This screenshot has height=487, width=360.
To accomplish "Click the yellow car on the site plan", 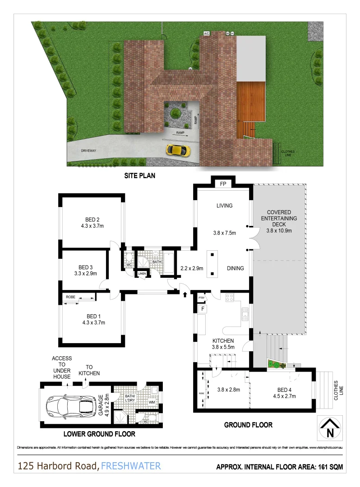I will (178, 149).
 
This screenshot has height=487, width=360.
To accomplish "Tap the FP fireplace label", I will (223, 184).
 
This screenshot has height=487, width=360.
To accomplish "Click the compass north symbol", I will (330, 428).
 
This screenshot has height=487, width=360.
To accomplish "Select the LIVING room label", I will (224, 206).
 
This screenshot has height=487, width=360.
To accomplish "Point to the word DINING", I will (235, 268).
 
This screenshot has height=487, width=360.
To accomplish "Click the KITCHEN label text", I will (223, 341).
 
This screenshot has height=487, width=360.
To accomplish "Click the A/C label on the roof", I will (207, 33).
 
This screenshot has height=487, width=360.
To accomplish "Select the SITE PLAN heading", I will (139, 176).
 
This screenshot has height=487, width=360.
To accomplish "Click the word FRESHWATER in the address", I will (131, 466).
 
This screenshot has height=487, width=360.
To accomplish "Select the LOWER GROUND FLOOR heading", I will (99, 434).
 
